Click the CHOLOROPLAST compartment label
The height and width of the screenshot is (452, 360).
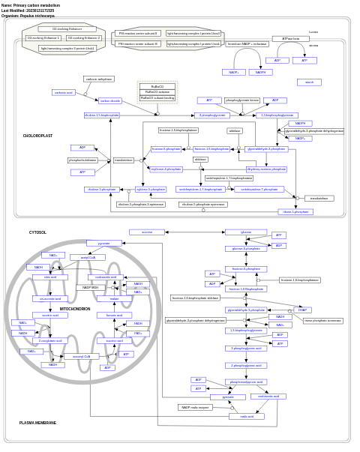click(x=37, y=136)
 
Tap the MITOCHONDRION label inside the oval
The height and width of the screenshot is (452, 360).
click(x=75, y=309)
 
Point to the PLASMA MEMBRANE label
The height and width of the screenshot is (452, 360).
click(x=37, y=423)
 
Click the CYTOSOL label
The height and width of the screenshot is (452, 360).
click(x=37, y=232)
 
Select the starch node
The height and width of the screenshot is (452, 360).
click(x=309, y=82)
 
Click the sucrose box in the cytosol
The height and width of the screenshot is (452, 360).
click(x=147, y=232)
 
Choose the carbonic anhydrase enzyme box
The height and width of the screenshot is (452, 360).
click(x=99, y=79)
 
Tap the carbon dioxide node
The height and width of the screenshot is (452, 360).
click(x=110, y=100)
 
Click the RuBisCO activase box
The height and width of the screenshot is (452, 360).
click(x=157, y=92)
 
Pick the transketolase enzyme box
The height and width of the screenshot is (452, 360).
click(x=124, y=160)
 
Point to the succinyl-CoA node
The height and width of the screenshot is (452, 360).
click(x=81, y=356)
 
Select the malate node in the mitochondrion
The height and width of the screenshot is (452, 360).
click(x=114, y=298)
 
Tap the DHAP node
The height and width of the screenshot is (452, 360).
click(x=302, y=310)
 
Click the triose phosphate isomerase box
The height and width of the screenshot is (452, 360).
click(x=322, y=320)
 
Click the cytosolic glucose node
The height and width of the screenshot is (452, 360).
click(x=245, y=232)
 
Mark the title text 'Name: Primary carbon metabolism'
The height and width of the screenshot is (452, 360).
click(x=31, y=4)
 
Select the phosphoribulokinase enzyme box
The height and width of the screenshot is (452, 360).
click(x=83, y=160)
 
